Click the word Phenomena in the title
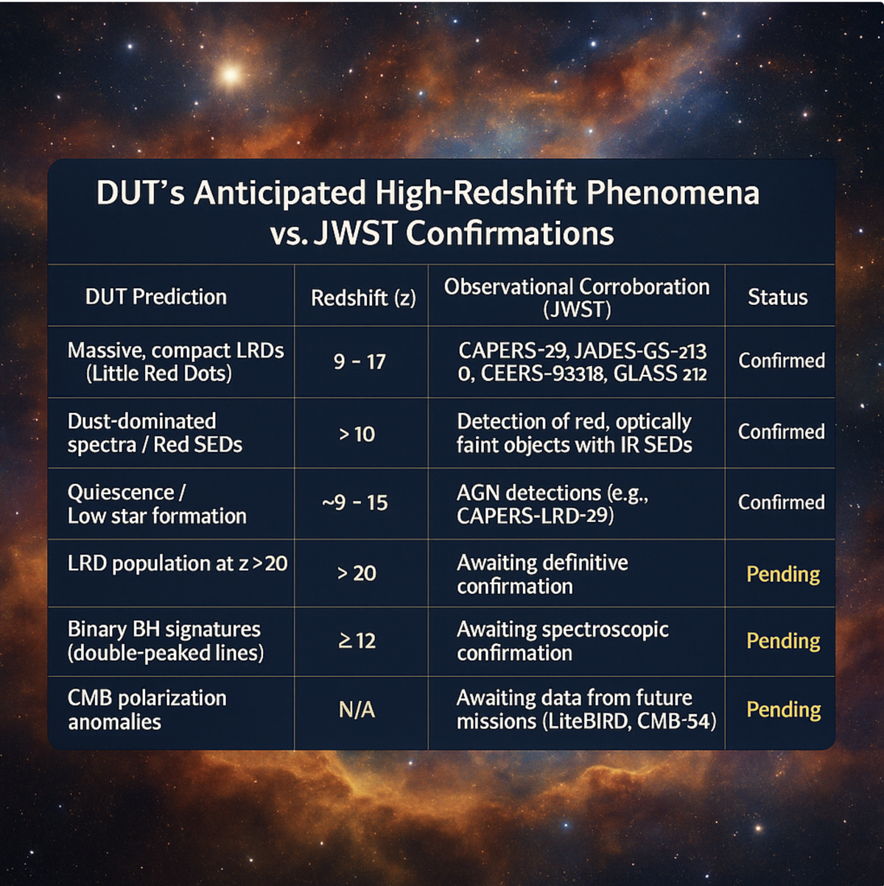673,193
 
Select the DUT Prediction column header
156,297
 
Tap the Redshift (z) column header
363,298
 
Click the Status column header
778,297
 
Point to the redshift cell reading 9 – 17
359,362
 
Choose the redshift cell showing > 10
357,434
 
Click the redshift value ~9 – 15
355,502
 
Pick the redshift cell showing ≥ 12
357,641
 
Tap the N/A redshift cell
357,710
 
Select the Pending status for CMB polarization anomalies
784,709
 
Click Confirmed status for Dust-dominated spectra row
782,432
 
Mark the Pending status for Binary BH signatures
783,641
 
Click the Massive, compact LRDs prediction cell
175,362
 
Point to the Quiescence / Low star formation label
157,504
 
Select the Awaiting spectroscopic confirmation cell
563,641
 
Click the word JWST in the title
354,233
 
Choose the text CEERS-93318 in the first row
542,374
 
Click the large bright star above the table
230,74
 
